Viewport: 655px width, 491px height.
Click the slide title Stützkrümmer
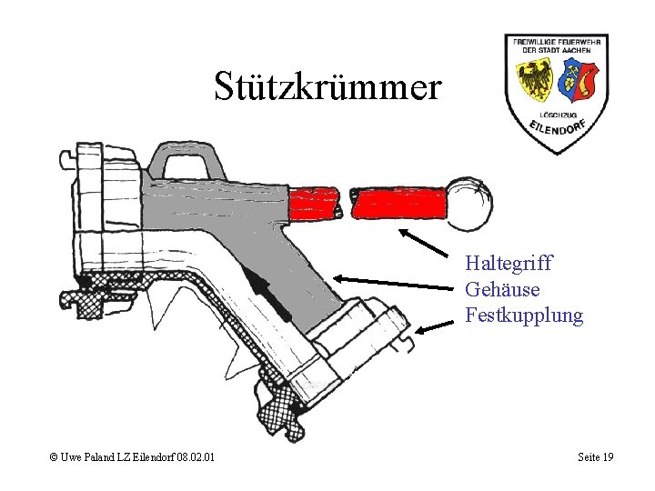click(327, 86)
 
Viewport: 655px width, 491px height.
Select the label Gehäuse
click(502, 290)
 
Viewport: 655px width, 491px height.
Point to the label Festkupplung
click(524, 316)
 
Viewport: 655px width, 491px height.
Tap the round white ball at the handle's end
click(469, 205)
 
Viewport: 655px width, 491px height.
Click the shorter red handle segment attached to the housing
click(314, 203)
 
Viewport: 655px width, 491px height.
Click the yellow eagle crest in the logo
click(535, 80)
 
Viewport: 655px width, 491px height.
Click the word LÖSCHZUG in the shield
click(557, 115)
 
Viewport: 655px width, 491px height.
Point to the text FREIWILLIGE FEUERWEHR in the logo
click(556, 43)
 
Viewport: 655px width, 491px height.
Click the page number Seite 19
click(595, 456)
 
